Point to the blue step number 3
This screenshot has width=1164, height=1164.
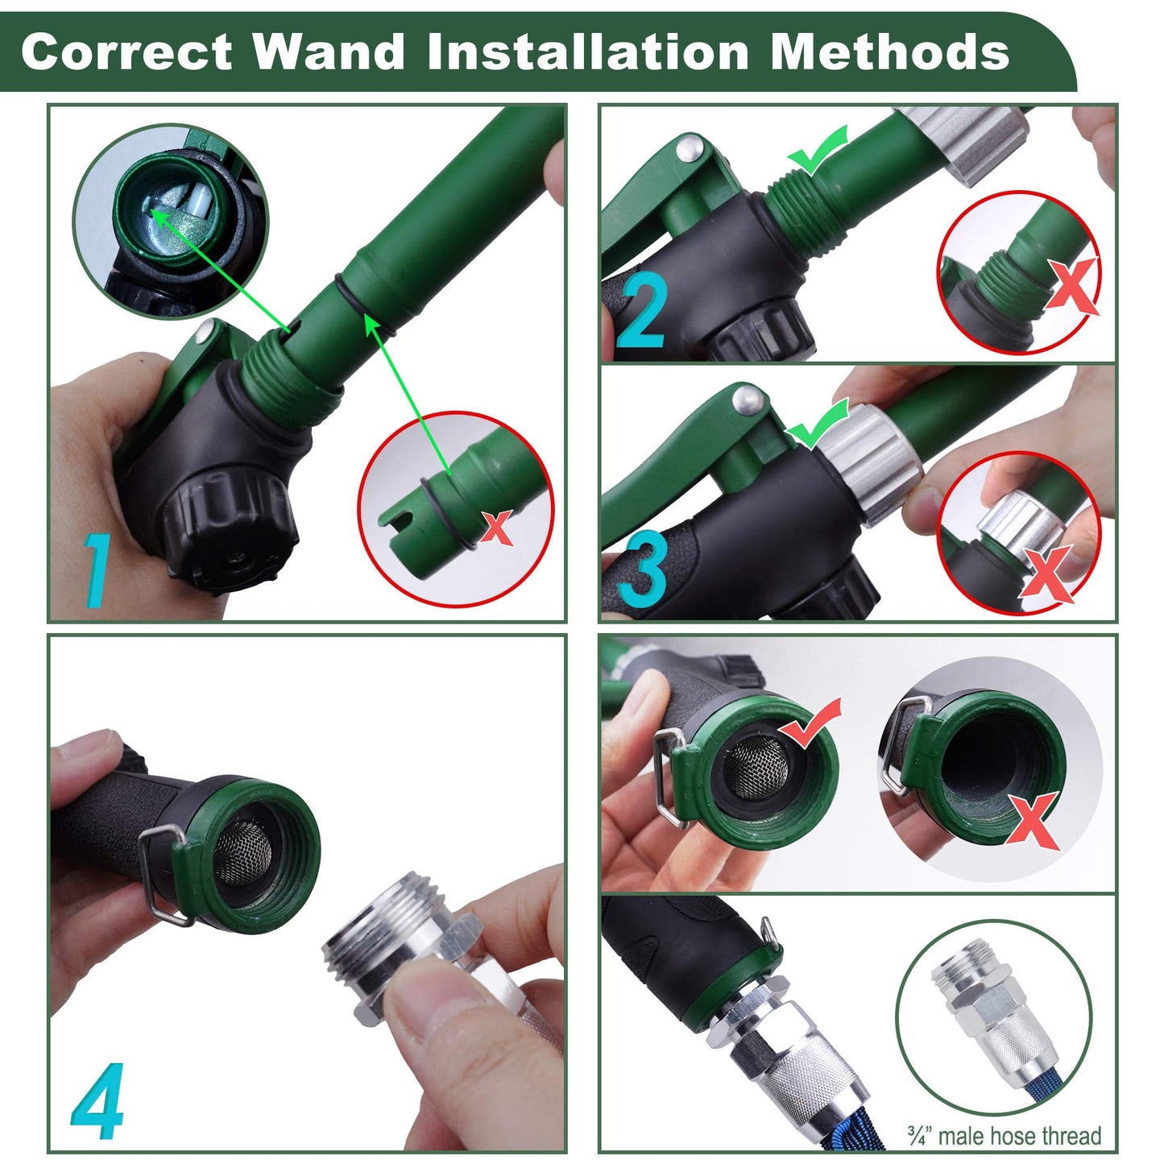(x=642, y=572)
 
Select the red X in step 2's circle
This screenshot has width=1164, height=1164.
(x=1071, y=286)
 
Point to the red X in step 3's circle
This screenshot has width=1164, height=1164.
(x=1046, y=574)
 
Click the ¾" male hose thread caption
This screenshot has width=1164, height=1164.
(x=1004, y=1136)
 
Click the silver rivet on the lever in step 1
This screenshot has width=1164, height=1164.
(x=208, y=329)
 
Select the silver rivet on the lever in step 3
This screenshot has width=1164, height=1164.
(x=746, y=396)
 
